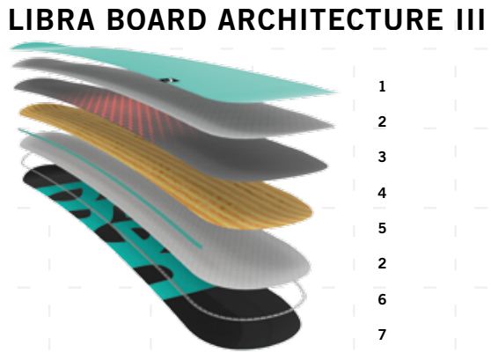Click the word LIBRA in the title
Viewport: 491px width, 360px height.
52,19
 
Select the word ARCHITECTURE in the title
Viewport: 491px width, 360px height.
330,19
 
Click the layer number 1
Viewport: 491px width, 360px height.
382,86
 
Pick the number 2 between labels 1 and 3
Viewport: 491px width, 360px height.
382,121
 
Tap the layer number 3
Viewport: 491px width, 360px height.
382,157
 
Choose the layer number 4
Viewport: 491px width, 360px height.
382,193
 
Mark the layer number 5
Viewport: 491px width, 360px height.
382,228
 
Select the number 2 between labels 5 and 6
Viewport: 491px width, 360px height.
382,263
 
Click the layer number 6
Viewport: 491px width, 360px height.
382,299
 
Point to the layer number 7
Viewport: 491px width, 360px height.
382,334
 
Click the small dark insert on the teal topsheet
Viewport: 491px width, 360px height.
170,80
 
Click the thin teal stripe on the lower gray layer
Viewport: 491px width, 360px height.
110,188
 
